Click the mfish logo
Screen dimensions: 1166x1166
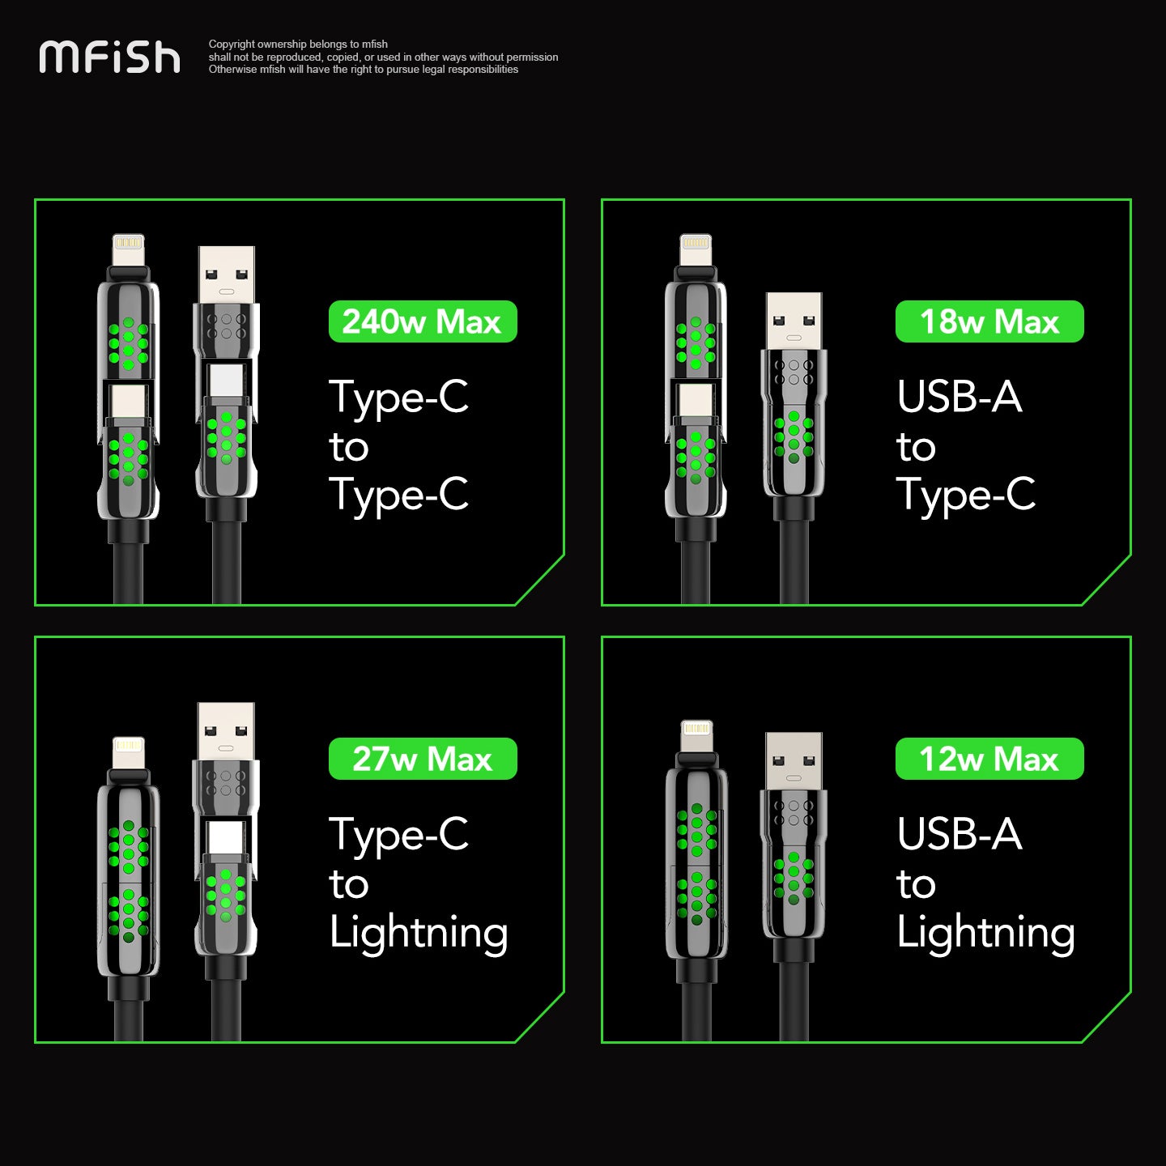[x=109, y=57]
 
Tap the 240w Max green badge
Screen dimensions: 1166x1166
[x=422, y=321]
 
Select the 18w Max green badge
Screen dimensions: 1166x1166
[x=989, y=321]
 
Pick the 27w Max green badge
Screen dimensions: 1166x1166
[x=422, y=759]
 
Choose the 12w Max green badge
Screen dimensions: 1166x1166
[x=989, y=759]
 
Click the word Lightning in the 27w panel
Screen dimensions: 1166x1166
[x=418, y=934]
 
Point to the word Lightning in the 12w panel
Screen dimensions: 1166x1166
[x=985, y=934]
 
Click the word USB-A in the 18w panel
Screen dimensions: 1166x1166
[x=959, y=397]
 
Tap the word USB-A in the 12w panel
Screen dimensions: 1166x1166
[x=959, y=834]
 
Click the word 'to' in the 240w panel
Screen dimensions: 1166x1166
[x=349, y=448]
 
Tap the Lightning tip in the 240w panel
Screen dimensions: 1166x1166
[x=128, y=248]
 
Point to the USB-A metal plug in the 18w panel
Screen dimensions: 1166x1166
[x=794, y=321]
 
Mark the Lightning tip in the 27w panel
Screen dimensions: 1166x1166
[x=128, y=751]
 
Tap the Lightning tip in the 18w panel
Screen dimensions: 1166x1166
[x=696, y=248]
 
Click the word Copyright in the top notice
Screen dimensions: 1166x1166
[x=232, y=45]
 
